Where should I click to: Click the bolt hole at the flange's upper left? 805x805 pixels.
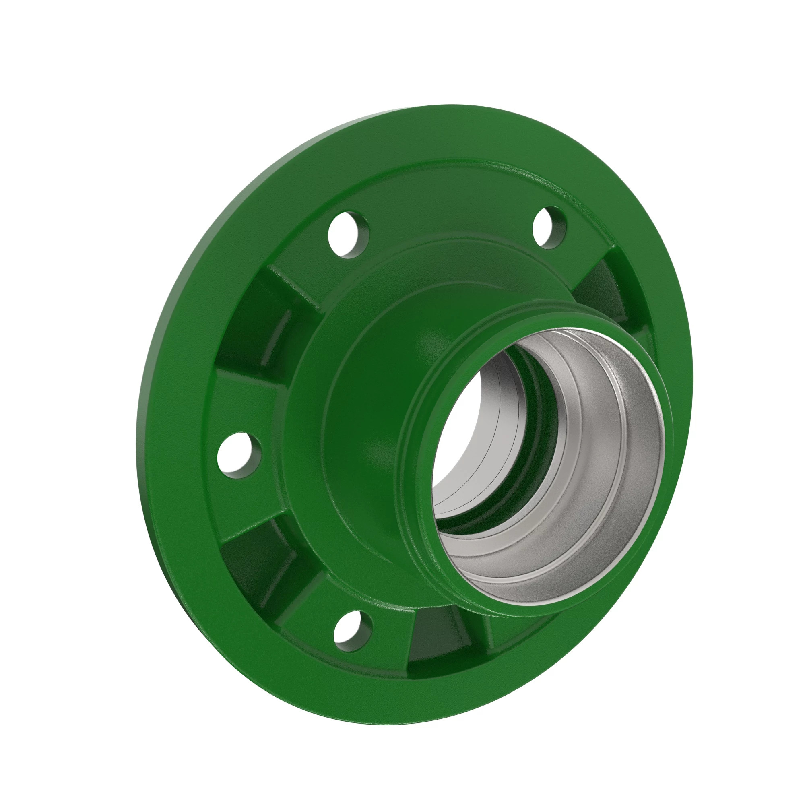[349, 235]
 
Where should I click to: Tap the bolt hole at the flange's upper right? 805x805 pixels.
[549, 228]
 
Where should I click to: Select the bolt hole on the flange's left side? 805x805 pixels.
[239, 455]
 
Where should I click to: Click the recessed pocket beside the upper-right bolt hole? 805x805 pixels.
[600, 287]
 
